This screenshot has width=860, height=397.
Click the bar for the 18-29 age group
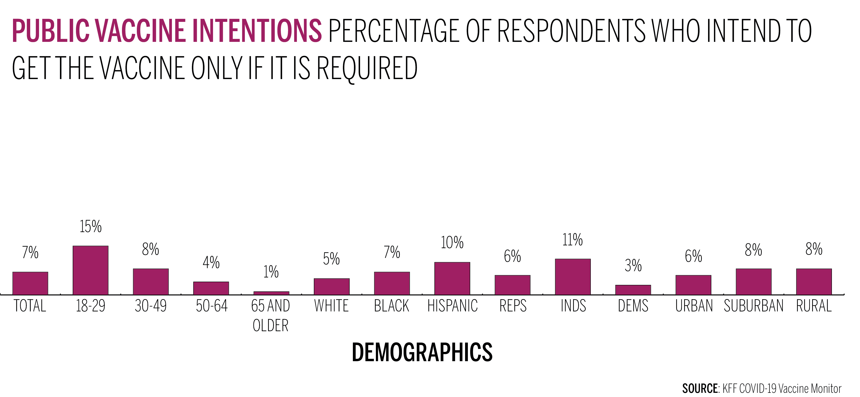(x=90, y=270)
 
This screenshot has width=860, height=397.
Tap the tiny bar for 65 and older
(x=271, y=293)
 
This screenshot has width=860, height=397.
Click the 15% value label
(x=90, y=227)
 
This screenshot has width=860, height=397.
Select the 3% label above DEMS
(x=633, y=265)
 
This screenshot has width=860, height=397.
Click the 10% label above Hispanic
(x=452, y=243)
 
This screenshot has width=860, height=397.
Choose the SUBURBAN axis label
(x=754, y=306)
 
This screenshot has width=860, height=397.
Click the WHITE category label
(x=331, y=306)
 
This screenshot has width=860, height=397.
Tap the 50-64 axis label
(x=211, y=306)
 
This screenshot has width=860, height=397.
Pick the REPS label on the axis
(x=513, y=306)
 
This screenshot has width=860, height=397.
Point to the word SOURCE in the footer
(x=700, y=389)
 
